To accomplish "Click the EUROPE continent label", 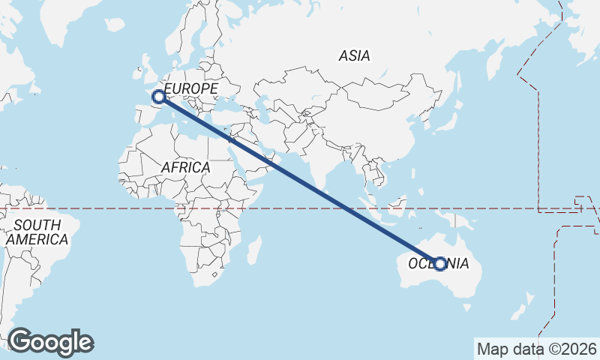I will click(191, 88).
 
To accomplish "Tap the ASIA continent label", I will click(354, 55).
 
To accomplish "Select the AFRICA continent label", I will click(185, 167).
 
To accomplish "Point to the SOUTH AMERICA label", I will click(37, 232).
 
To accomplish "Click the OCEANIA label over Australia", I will click(439, 264).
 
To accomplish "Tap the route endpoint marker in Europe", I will click(159, 96).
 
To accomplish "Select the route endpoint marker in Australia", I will click(439, 264).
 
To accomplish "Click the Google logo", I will click(51, 342).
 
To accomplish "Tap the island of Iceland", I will click(114, 24).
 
